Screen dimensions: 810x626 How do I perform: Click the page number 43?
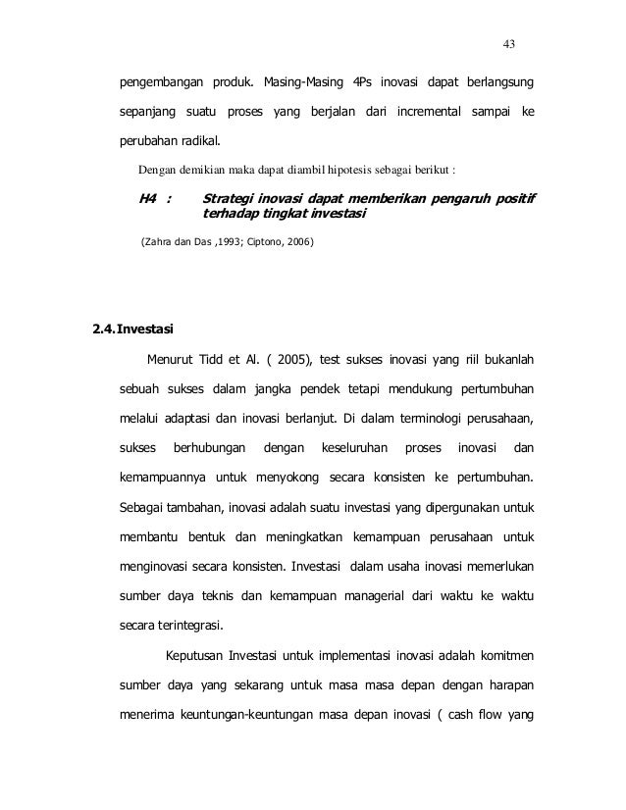pyautogui.click(x=508, y=43)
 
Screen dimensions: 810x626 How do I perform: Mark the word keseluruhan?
pyautogui.click(x=345, y=451)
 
